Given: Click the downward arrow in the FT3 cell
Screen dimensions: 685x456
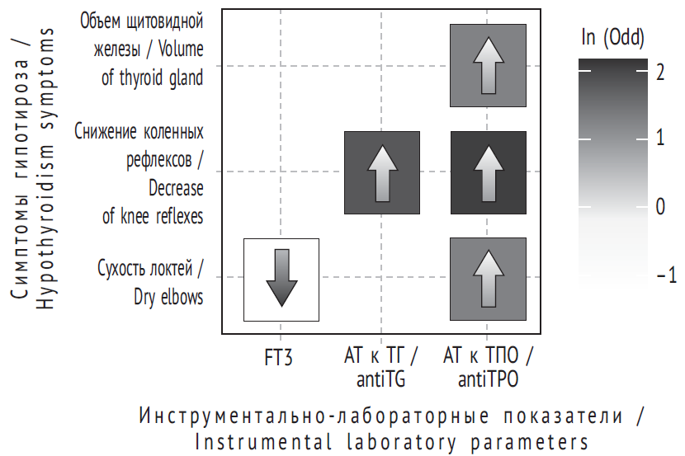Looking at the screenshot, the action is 281,278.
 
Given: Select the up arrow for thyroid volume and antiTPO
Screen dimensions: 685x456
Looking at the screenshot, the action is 489,65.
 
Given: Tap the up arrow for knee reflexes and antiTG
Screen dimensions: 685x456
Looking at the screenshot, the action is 383,173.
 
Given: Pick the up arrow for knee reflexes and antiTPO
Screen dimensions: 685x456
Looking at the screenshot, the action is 489,173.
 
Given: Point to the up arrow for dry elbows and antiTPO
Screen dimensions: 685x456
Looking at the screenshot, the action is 489,279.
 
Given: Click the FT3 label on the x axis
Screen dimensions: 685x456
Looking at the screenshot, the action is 279,357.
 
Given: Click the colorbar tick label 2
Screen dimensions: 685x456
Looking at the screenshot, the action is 660,72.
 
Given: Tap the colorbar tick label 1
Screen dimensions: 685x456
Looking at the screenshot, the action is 660,138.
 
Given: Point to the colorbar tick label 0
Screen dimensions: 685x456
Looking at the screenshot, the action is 660,206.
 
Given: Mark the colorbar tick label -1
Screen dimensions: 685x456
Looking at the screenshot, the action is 666,275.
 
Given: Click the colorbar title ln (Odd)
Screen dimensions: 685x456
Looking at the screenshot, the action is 613,37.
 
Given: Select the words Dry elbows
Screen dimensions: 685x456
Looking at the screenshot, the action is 168,297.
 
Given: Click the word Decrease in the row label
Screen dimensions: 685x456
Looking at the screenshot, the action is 176,188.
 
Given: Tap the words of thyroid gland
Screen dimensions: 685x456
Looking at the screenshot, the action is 153,78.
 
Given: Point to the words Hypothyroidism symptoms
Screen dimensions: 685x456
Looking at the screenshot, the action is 45,169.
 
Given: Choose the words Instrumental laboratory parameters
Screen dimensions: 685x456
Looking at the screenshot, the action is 391,442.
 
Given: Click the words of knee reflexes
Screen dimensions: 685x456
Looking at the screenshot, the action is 153,216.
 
